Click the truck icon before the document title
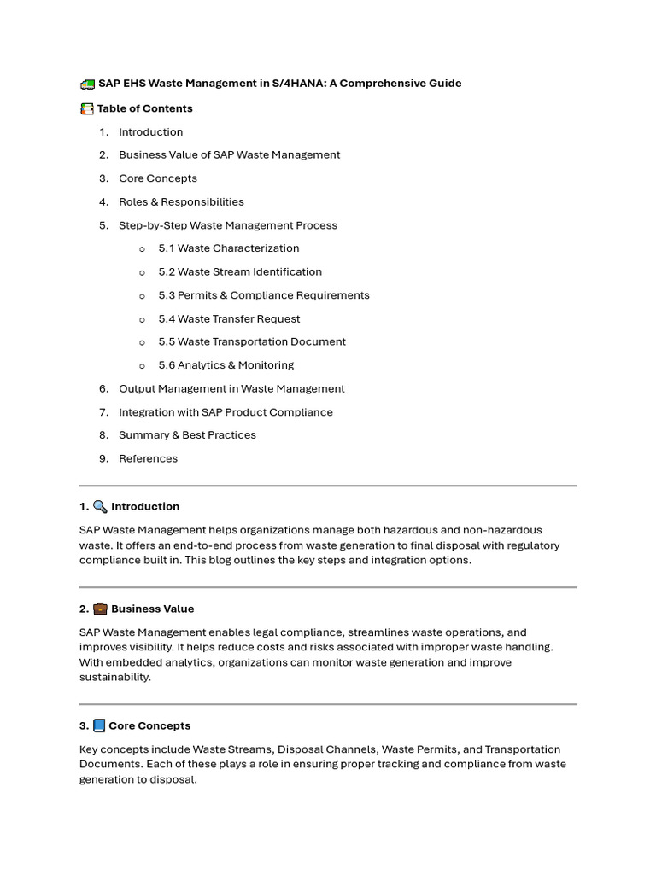tap(87, 84)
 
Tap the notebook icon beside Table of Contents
tap(86, 108)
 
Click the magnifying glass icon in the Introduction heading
tap(100, 506)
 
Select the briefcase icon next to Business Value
tap(100, 609)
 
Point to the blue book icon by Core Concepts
tap(99, 725)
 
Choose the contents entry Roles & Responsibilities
tap(181, 202)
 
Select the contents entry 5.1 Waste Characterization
tap(228, 248)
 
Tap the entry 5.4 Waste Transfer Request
tap(229, 318)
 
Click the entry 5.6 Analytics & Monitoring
tap(225, 365)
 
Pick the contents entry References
tap(148, 458)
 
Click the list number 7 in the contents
tap(102, 412)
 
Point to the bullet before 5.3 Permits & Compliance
tap(142, 296)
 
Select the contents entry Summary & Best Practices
tap(187, 435)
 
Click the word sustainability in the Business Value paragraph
tap(114, 677)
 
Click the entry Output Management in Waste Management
tap(231, 388)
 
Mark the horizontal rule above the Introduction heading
tap(328, 486)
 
